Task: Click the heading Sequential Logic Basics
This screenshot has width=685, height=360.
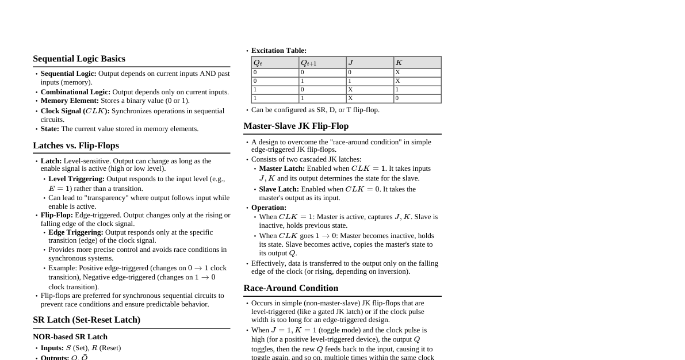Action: click(79, 59)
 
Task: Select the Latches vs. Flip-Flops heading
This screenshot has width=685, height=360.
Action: click(76, 145)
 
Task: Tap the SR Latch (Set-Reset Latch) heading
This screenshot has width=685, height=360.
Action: click(86, 320)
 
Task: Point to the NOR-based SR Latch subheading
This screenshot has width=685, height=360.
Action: click(70, 337)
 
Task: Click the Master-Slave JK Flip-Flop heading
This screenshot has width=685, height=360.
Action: click(296, 126)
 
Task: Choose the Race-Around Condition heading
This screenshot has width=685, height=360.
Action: click(290, 288)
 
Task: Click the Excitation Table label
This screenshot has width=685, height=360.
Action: click(279, 51)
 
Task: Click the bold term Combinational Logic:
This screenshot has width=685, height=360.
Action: click(75, 92)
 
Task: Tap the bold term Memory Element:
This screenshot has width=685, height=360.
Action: click(70, 101)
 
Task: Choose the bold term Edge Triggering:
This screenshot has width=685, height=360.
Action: click(76, 232)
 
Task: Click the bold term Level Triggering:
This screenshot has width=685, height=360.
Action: click(76, 179)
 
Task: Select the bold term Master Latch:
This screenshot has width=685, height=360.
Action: click(282, 168)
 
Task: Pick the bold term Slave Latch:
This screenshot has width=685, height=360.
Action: click(279, 189)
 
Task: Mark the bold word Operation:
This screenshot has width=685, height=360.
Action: click(269, 208)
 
